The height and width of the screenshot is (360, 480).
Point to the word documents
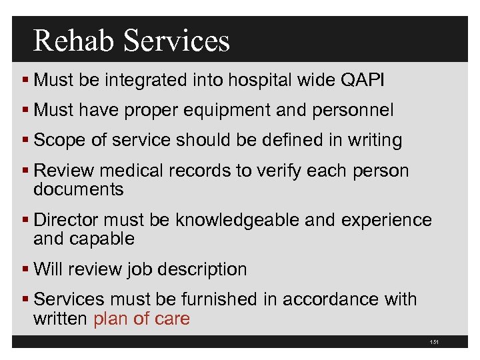[x=78, y=189]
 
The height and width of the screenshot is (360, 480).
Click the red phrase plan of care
[x=141, y=319]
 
